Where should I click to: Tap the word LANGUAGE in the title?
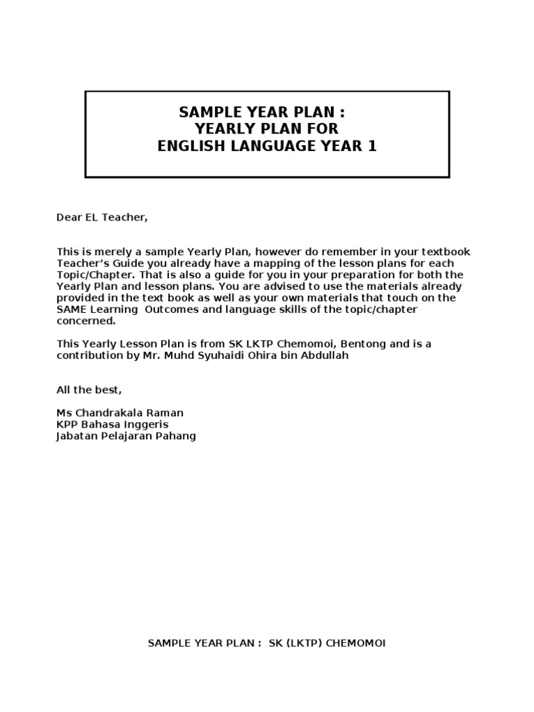click(x=268, y=147)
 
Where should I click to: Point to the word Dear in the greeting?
click(x=68, y=218)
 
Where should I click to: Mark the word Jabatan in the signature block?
click(x=76, y=436)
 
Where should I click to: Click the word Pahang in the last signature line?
click(x=178, y=436)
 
